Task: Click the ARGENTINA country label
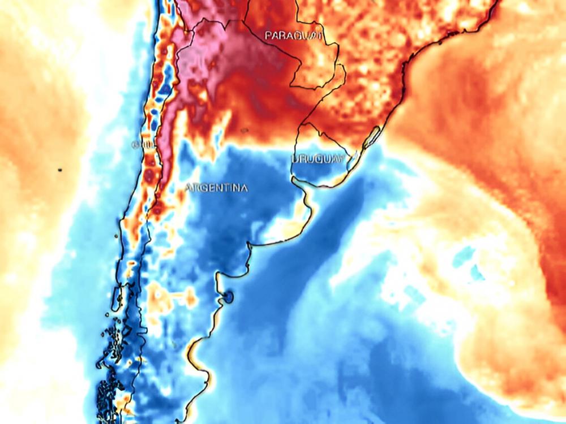coord(216,188)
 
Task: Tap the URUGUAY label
coord(318,159)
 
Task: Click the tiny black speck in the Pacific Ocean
coord(59,169)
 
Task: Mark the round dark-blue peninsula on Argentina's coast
coord(228,296)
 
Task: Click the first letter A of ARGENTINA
coord(189,188)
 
